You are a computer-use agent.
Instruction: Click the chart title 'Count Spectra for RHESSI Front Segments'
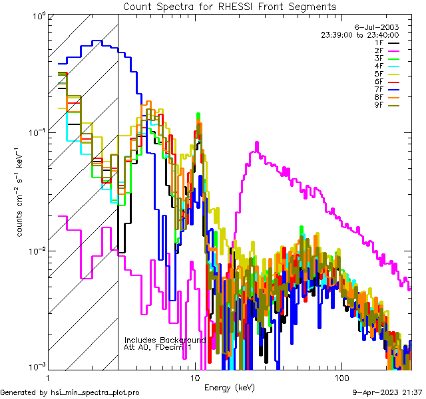230,6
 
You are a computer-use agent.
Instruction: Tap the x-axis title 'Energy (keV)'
229,388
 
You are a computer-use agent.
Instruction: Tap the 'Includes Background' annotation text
165,340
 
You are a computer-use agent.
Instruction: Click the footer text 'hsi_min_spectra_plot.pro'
95,392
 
